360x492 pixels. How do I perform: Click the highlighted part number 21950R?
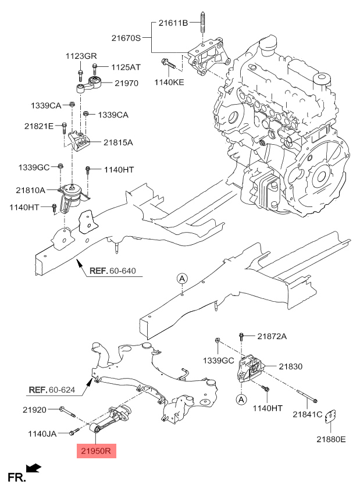click(96, 451)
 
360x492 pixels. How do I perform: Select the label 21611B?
click(173, 23)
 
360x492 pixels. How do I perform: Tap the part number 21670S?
click(126, 38)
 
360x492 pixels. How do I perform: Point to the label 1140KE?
click(169, 82)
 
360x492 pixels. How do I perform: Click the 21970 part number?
click(126, 83)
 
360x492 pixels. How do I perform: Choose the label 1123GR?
click(81, 56)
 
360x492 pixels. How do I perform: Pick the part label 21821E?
click(39, 126)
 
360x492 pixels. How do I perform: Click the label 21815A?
click(118, 142)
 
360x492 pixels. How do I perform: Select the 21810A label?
click(30, 190)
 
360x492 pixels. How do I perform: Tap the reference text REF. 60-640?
click(113, 270)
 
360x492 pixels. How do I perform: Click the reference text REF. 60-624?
click(52, 390)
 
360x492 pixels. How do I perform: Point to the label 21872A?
click(272, 336)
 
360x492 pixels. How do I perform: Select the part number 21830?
click(291, 366)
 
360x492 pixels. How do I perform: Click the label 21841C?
click(308, 415)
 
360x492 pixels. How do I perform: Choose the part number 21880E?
click(331, 439)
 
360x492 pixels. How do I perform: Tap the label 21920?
click(34, 410)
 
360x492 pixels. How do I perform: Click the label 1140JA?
click(42, 434)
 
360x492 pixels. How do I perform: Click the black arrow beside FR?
click(34, 468)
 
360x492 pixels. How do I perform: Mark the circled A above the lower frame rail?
click(183, 279)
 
